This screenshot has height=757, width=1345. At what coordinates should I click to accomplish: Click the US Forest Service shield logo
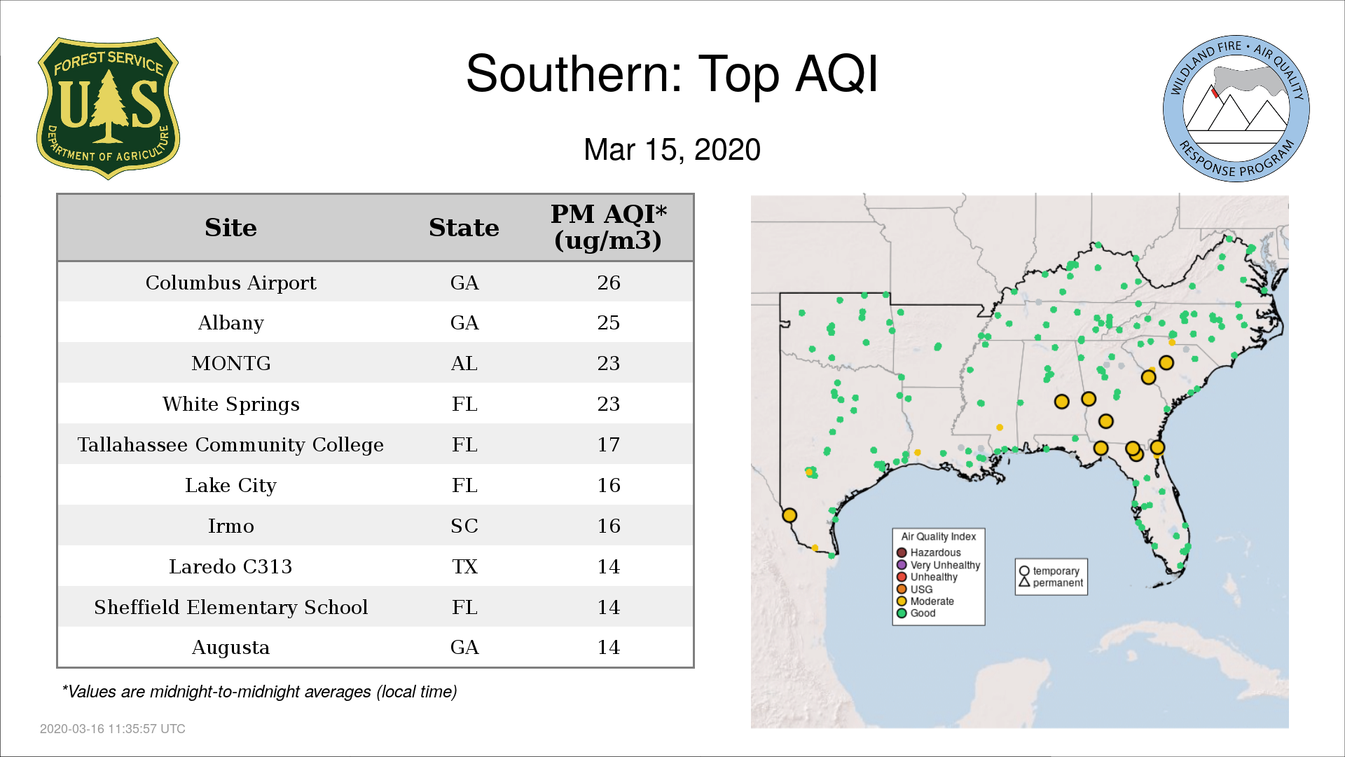pos(108,109)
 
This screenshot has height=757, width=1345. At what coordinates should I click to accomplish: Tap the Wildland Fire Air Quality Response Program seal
pos(1236,109)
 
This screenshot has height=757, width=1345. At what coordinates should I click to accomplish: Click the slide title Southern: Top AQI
pos(672,74)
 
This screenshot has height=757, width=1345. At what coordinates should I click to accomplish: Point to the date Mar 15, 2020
pos(672,150)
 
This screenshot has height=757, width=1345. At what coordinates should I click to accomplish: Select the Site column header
pos(230,228)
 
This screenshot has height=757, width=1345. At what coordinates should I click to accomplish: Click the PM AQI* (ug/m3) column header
pos(608,227)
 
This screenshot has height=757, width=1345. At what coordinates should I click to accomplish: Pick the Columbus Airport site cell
pos(230,282)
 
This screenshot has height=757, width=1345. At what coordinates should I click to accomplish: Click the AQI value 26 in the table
pos(609,282)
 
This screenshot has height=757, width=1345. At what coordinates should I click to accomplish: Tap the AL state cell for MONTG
pos(464,363)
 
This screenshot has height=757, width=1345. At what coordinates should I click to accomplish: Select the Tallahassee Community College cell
pos(230,445)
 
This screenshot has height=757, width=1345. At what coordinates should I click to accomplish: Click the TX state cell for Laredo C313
pos(464,566)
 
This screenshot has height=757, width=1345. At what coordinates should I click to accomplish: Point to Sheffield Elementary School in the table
pos(230,607)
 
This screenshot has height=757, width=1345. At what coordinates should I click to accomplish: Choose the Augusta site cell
pos(230,648)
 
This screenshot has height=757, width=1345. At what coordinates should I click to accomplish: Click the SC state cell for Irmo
pos(464,526)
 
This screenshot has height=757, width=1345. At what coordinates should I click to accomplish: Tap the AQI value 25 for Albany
pos(609,322)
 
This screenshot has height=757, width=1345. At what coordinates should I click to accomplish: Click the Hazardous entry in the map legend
pos(929,552)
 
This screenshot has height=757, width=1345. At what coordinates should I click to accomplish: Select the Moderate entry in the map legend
pos(925,601)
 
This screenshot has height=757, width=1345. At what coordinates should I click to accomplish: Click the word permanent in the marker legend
pos(1058,583)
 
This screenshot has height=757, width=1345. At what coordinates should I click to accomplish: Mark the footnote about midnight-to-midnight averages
pos(259,692)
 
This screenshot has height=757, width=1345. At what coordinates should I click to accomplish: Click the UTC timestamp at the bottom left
pos(113,729)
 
